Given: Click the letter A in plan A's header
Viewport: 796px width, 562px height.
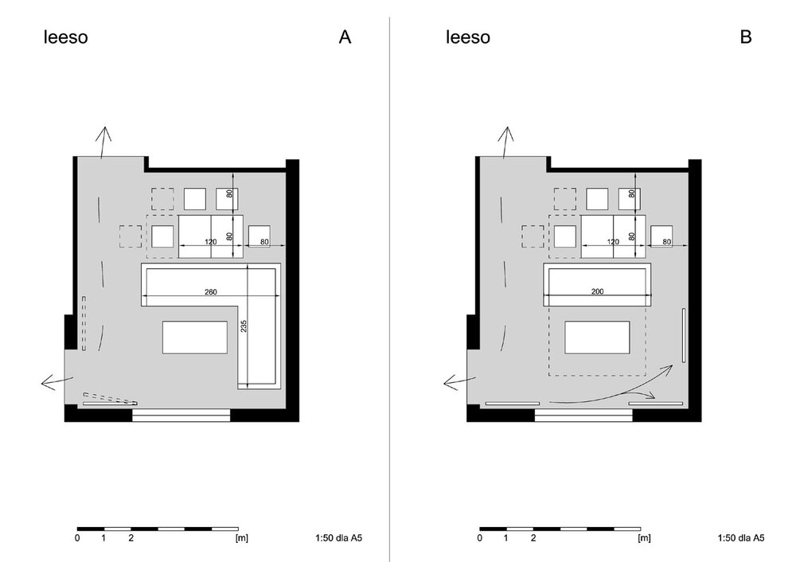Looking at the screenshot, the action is click(345, 37).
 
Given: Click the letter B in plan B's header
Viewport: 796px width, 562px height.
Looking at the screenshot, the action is click(746, 37).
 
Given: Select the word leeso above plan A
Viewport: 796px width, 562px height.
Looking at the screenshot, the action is click(65, 37).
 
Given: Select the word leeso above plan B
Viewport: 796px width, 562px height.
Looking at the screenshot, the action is click(467, 37).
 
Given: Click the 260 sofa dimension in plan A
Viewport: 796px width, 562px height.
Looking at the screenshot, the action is click(211, 292).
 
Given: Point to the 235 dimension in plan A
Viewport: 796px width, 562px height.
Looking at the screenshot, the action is click(244, 326).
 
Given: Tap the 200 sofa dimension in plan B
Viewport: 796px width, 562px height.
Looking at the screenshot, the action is click(598, 291).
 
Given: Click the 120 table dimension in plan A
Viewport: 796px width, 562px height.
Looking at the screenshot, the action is click(211, 242).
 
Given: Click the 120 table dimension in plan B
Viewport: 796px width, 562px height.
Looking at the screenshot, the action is click(613, 242).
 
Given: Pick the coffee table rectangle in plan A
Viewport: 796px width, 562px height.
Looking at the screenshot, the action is click(195, 337).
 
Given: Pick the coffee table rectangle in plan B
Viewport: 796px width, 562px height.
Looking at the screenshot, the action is click(597, 337).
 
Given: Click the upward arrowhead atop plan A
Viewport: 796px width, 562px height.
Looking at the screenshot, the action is click(104, 133).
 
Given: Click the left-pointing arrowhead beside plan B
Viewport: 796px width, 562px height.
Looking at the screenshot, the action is click(449, 382).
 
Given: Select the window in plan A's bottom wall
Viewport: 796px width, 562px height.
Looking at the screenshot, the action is click(181, 416).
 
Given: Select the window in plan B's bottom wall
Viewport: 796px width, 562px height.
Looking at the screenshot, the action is click(583, 416).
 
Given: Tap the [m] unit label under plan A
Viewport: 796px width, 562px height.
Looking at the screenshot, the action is click(242, 538).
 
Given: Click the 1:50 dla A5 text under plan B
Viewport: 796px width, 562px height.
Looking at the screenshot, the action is click(740, 538).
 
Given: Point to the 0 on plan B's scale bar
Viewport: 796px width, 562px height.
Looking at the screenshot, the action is click(480, 538).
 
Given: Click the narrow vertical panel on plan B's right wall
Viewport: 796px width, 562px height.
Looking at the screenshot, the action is click(683, 335).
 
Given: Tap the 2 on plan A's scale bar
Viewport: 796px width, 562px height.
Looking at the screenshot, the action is click(131, 538).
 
